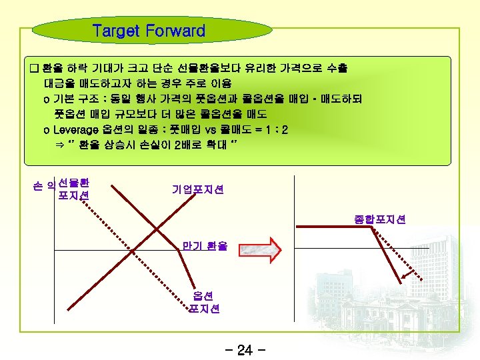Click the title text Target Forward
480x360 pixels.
(149, 31)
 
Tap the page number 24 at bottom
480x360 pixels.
(245, 350)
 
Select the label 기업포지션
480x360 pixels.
(197, 190)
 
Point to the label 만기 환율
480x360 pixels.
(205, 246)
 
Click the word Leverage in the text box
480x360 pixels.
(78, 129)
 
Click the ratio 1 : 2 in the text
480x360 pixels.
(275, 129)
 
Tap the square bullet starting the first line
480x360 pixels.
(35, 69)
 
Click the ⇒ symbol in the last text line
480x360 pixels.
(57, 143)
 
